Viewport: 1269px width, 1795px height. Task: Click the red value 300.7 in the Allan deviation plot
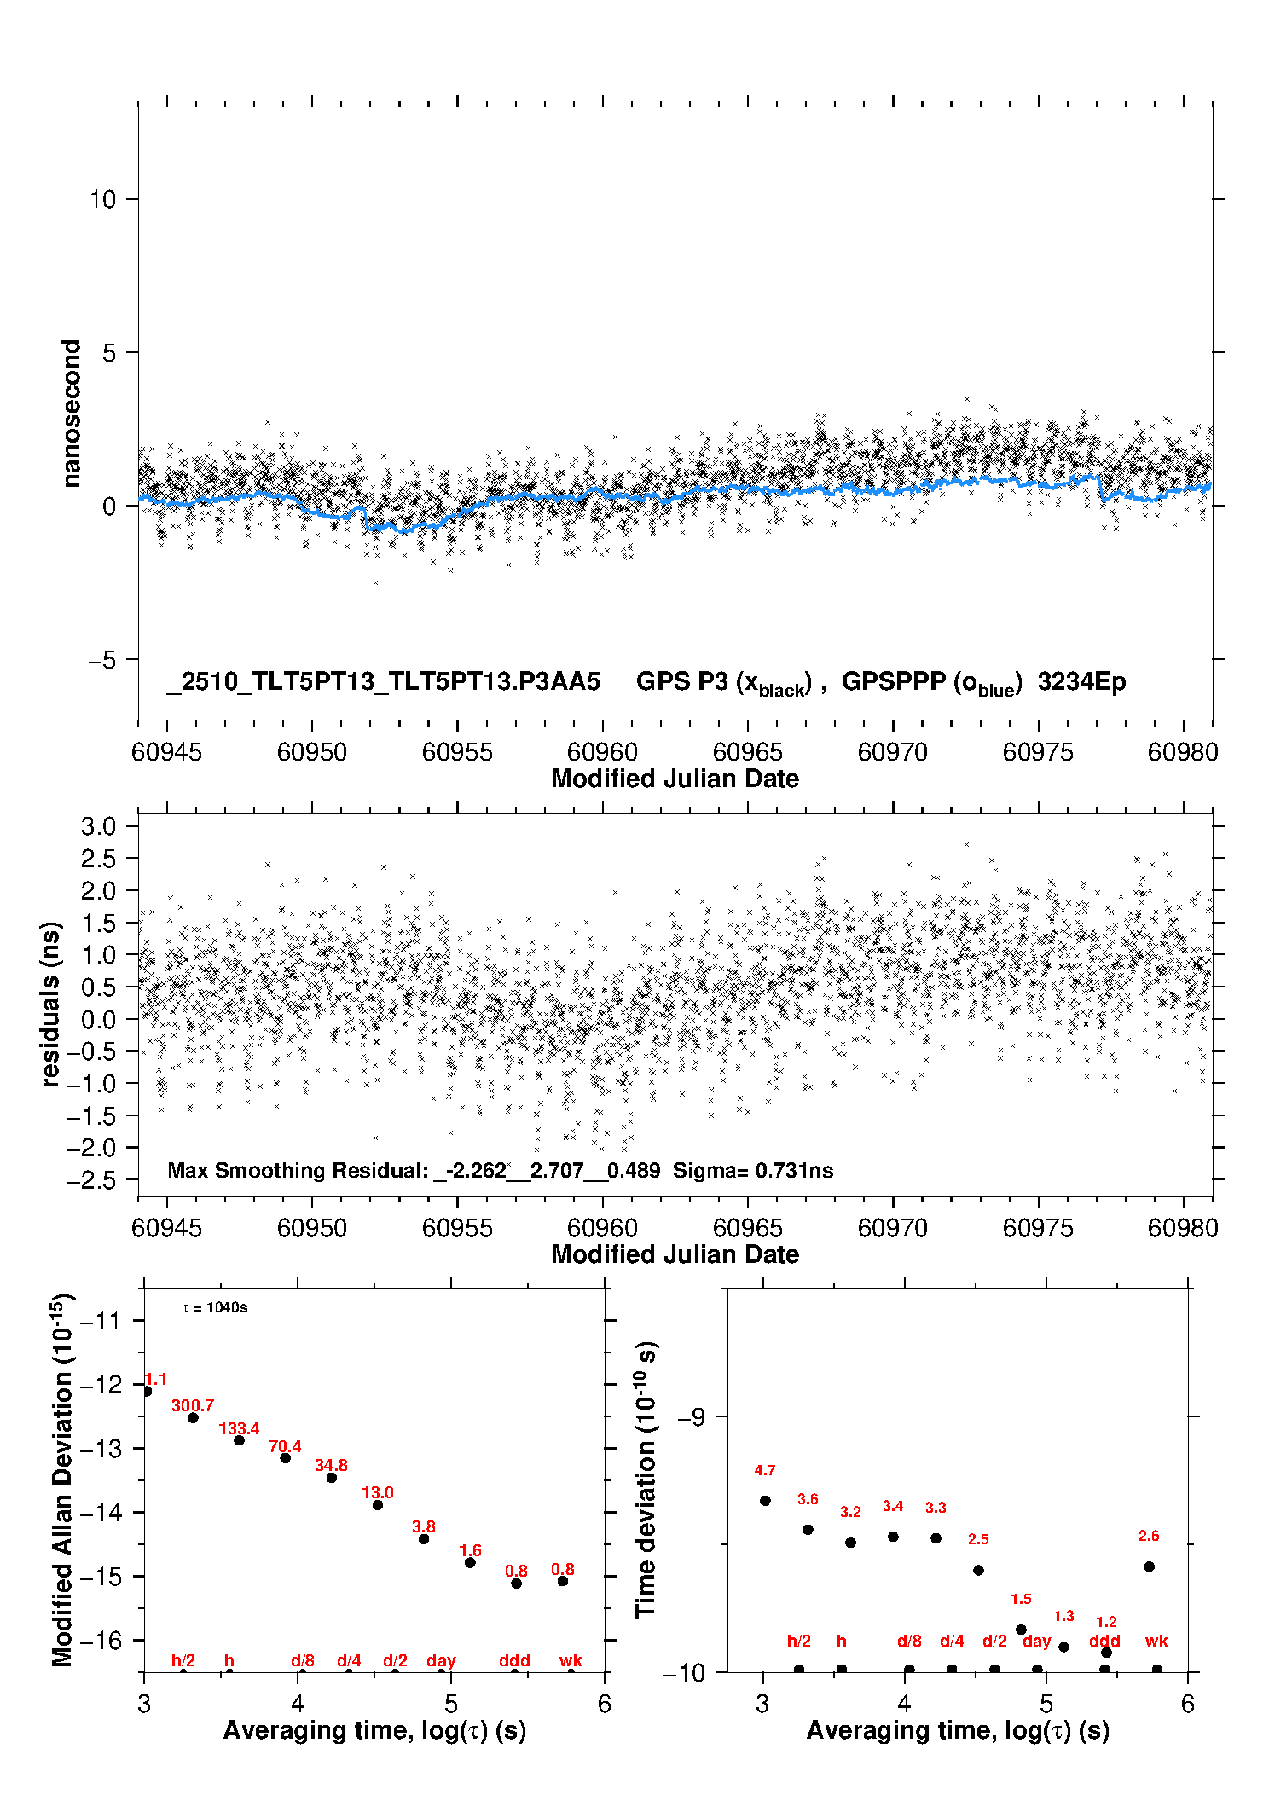point(193,1405)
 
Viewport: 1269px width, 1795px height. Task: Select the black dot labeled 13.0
point(378,1505)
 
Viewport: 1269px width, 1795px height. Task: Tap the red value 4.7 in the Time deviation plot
point(765,1470)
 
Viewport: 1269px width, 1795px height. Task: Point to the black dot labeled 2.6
point(1149,1566)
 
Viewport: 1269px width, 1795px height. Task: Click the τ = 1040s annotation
point(215,1308)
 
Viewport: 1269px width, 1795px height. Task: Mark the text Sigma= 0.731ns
point(753,1171)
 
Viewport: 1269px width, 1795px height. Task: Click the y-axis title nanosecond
point(72,414)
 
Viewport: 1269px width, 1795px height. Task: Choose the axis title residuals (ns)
point(51,1005)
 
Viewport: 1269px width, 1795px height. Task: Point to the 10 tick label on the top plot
point(102,200)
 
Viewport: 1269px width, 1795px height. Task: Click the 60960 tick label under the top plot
point(602,752)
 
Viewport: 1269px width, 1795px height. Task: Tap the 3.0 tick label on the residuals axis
point(98,826)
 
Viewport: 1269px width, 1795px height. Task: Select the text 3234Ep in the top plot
point(1081,682)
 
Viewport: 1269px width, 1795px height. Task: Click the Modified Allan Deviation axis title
point(63,1480)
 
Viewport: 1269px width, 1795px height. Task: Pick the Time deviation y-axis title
point(646,1480)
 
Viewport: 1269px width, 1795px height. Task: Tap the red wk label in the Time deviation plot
point(1156,1642)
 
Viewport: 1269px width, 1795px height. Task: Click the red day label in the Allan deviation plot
point(441,1661)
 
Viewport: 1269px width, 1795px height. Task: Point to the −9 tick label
point(692,1417)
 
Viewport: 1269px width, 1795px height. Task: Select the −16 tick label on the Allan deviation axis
point(100,1641)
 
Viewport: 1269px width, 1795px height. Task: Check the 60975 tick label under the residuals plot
point(1038,1228)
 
